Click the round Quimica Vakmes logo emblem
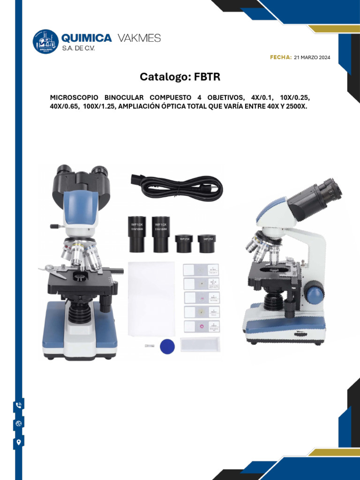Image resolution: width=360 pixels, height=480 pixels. pyautogui.click(x=45, y=42)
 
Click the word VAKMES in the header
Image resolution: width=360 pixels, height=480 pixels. pyautogui.click(x=138, y=38)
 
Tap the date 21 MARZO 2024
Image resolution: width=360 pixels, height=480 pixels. pyautogui.click(x=312, y=57)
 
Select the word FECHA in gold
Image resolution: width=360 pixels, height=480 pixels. pyautogui.click(x=281, y=57)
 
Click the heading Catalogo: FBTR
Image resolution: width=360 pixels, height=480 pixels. pyautogui.click(x=180, y=76)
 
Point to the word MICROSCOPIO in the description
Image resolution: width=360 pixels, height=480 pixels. pyautogui.click(x=72, y=97)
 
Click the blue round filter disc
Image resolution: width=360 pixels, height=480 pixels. pyautogui.click(x=167, y=346)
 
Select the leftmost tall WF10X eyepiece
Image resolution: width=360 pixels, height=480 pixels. pyautogui.click(x=135, y=234)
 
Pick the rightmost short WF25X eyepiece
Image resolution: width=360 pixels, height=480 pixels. pyautogui.click(x=206, y=244)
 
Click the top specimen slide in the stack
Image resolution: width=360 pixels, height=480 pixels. pyautogui.click(x=201, y=270)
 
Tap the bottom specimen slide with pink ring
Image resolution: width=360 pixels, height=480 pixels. pyautogui.click(x=201, y=327)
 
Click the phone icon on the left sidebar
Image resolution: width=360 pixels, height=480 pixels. pyautogui.click(x=19, y=405)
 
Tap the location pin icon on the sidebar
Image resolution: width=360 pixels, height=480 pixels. pyautogui.click(x=19, y=442)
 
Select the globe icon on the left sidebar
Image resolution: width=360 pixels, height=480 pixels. pyautogui.click(x=19, y=424)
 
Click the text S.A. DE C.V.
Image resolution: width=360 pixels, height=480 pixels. pyautogui.click(x=78, y=48)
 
